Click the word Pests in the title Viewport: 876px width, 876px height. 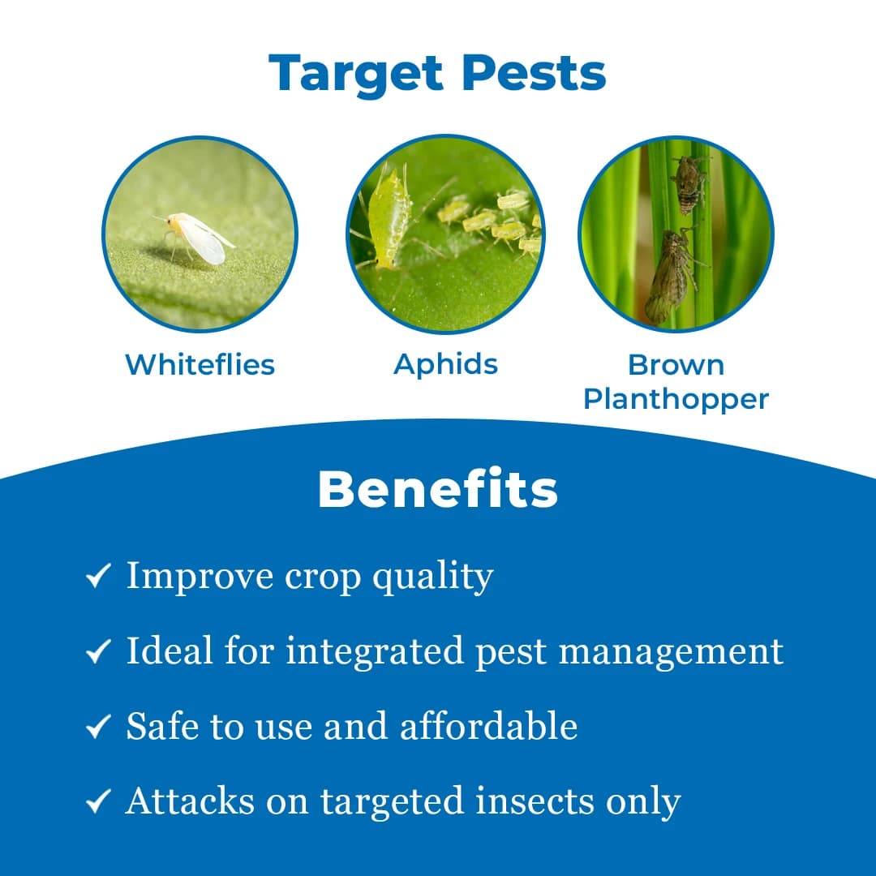click(534, 74)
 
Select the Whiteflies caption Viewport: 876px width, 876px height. click(200, 365)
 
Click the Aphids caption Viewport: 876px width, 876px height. click(445, 364)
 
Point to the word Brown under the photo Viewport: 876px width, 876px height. click(676, 365)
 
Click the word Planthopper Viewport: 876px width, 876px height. click(676, 399)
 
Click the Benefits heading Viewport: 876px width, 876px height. click(438, 490)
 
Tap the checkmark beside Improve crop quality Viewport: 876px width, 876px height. click(98, 578)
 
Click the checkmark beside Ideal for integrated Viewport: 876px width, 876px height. click(98, 653)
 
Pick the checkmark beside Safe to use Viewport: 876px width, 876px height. click(98, 728)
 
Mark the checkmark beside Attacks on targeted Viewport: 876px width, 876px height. click(98, 803)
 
